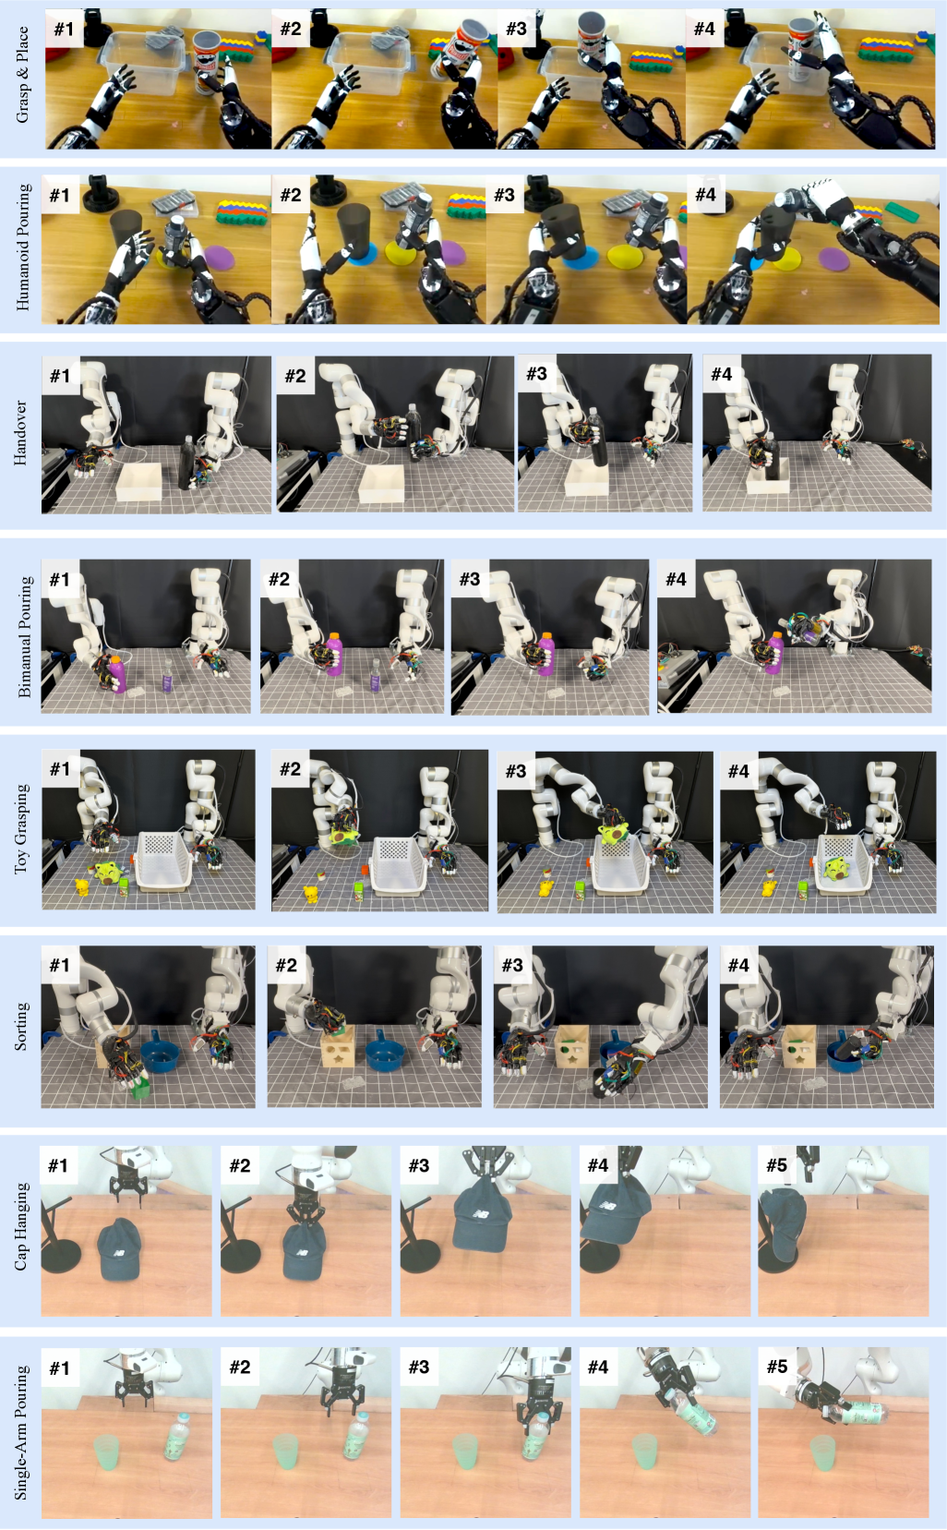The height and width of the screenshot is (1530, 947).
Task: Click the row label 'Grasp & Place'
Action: [22, 75]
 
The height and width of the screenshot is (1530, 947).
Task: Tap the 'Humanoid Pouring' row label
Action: [22, 247]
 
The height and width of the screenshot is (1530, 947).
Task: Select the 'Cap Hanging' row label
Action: [22, 1227]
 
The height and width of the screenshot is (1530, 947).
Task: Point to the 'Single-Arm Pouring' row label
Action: [22, 1431]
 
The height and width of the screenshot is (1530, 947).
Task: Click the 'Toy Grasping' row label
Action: [22, 828]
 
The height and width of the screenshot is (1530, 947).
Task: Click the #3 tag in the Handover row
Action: [536, 373]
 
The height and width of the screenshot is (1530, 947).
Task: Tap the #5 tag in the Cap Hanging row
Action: [777, 1165]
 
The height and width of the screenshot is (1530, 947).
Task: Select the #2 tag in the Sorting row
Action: [286, 965]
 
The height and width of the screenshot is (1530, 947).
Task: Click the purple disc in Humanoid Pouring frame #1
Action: [218, 259]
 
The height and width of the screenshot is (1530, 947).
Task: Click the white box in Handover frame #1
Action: [139, 482]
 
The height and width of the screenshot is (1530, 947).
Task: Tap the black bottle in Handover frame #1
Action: [186, 464]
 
